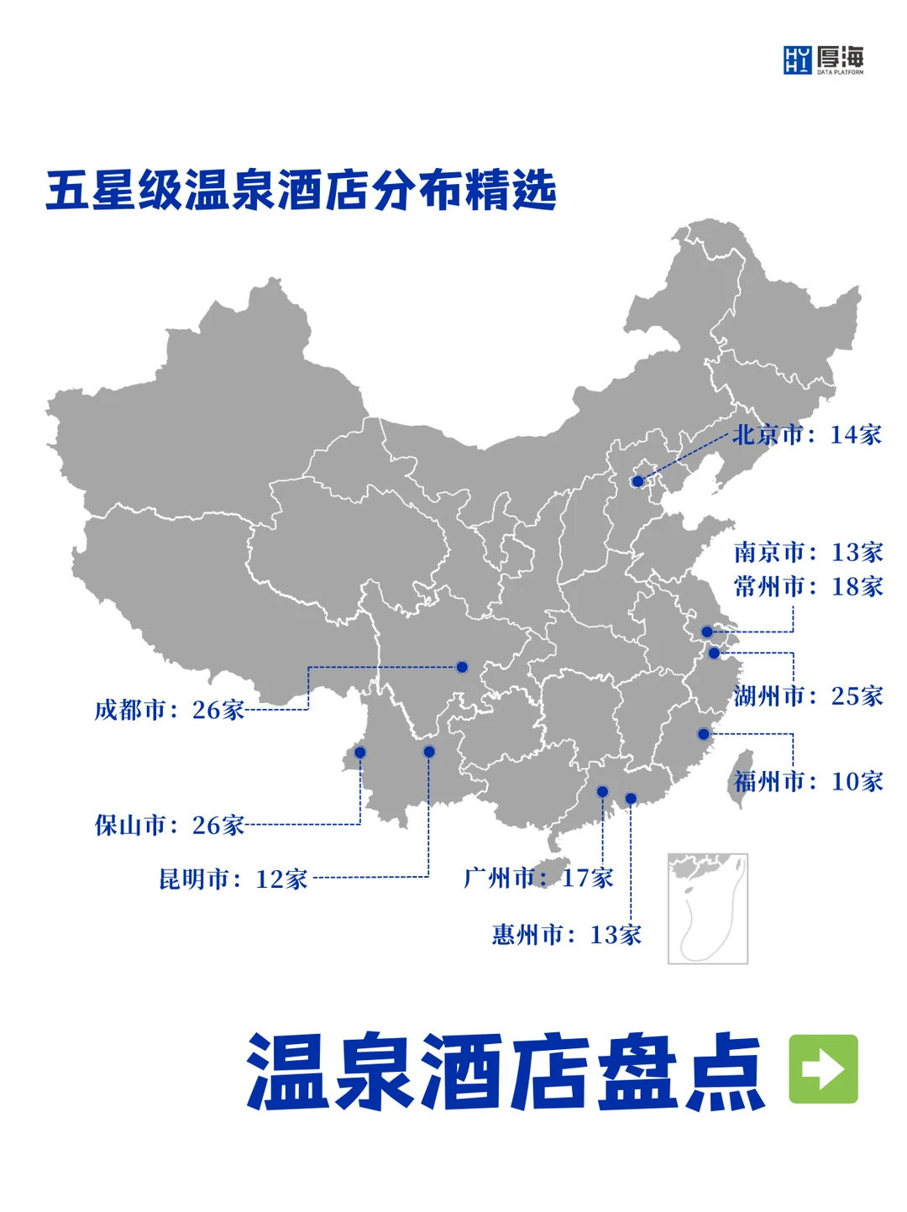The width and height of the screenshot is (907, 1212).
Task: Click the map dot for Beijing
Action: tap(637, 481)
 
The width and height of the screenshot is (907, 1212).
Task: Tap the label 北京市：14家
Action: tap(807, 434)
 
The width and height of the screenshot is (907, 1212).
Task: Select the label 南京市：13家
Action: tap(808, 552)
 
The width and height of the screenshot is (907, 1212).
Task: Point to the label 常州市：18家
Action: tap(808, 586)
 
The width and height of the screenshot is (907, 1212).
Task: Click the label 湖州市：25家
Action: tap(808, 695)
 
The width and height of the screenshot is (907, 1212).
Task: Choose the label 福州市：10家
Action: tap(808, 781)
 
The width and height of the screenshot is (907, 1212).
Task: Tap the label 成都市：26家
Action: tap(169, 710)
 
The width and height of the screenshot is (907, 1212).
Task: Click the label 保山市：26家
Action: tap(169, 825)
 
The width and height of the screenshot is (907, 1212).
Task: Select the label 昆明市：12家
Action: tap(233, 879)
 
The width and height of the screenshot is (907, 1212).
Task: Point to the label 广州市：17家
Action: tap(538, 878)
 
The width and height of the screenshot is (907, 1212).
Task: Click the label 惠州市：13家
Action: tap(567, 934)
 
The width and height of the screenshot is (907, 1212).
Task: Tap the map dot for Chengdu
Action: tap(462, 667)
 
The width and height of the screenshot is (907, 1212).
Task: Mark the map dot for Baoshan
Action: tap(360, 752)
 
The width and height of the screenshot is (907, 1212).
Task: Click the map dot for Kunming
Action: tap(429, 752)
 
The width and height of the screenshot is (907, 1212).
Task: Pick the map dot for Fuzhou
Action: tap(704, 734)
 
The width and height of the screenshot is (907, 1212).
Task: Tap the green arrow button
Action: tap(823, 1068)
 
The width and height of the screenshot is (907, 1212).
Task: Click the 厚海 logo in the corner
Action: tap(823, 60)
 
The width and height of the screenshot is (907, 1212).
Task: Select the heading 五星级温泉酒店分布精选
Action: tap(301, 190)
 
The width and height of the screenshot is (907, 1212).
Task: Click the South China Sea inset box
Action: tap(707, 908)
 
